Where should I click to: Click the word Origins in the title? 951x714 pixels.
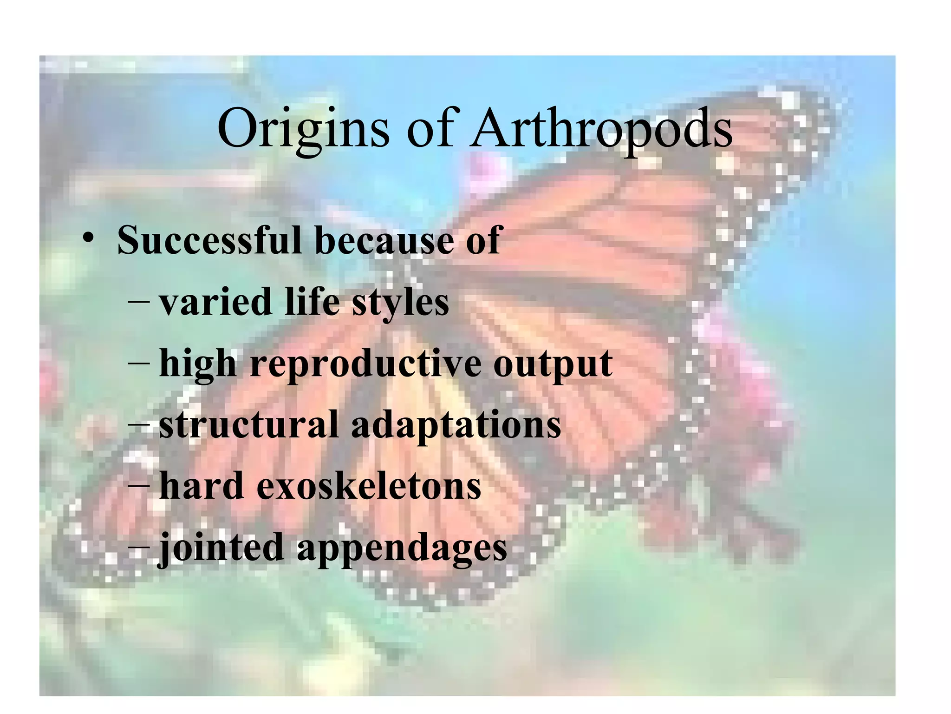coord(303,129)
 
